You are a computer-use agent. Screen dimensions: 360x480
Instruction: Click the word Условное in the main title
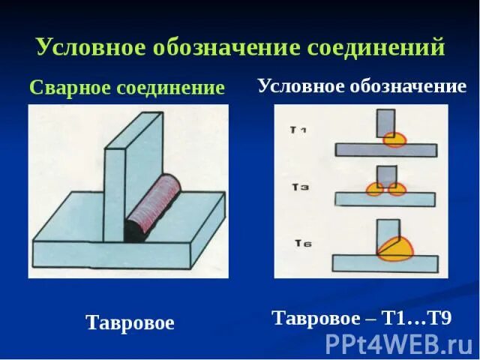[86, 47]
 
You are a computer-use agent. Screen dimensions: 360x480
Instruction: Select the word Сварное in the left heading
[68, 88]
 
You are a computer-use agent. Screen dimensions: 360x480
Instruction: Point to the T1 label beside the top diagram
[298, 130]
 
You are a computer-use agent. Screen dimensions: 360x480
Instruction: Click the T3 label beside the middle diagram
[299, 187]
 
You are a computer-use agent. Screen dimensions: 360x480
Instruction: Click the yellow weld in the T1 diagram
[394, 139]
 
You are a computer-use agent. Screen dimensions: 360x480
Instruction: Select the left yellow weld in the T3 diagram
[373, 189]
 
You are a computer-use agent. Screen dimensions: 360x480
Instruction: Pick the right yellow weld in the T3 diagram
[397, 189]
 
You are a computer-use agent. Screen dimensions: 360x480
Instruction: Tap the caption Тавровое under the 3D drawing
[130, 323]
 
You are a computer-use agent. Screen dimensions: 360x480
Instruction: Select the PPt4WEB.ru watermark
[398, 343]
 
